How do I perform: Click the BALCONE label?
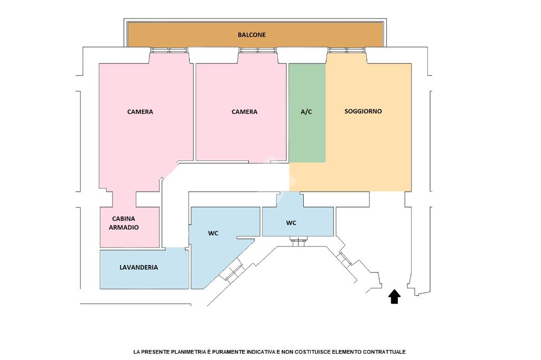tap(251, 35)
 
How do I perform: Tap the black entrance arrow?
tap(394, 297)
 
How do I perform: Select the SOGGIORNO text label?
tap(363, 111)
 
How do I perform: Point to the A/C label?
tap(306, 112)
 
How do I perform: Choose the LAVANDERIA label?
tap(138, 268)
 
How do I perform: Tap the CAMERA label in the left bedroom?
tap(140, 112)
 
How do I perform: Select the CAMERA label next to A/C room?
tap(245, 112)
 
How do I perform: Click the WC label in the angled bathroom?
tap(213, 233)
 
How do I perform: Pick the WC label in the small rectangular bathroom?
tap(291, 223)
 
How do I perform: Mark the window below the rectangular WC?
tap(299, 242)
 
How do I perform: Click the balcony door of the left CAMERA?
tap(169, 51)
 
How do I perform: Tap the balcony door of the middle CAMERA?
tap(257, 51)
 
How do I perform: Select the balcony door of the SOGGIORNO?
tap(346, 51)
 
